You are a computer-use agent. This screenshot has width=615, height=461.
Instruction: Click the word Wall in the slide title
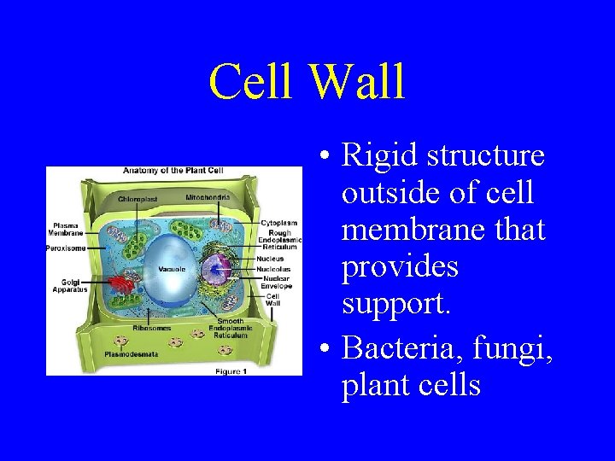point(357,83)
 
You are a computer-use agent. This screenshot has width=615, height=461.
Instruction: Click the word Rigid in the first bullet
point(379,155)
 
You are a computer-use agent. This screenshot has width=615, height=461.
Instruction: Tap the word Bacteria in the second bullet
point(395,348)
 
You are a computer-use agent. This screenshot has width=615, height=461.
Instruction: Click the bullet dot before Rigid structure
point(325,157)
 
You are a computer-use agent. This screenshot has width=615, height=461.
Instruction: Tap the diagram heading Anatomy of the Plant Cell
point(174,171)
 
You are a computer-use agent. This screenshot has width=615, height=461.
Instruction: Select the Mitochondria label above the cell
point(208,197)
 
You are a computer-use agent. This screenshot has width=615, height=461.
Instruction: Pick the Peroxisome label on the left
point(65,248)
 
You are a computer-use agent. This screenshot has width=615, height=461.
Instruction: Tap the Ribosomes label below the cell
point(151,328)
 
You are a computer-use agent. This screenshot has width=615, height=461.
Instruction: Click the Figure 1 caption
point(231,371)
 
